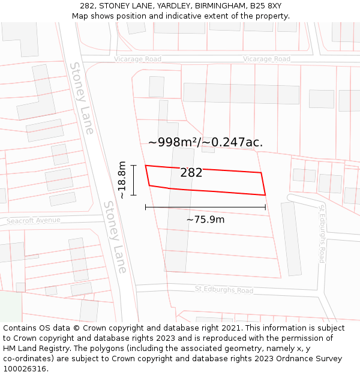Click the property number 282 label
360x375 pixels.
[191, 173]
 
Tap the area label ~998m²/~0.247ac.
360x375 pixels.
[205, 142]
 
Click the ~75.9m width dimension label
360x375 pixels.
[205, 220]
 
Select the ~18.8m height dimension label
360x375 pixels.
[122, 180]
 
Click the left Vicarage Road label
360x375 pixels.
[137, 59]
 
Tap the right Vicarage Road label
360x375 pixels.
[266, 59]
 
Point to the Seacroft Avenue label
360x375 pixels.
[34, 220]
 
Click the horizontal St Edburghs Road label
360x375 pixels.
[224, 290]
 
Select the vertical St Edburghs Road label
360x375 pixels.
[322, 233]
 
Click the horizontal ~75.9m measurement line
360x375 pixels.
[205, 207]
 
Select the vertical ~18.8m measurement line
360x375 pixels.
[133, 180]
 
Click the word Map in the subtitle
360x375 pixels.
[81, 16]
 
